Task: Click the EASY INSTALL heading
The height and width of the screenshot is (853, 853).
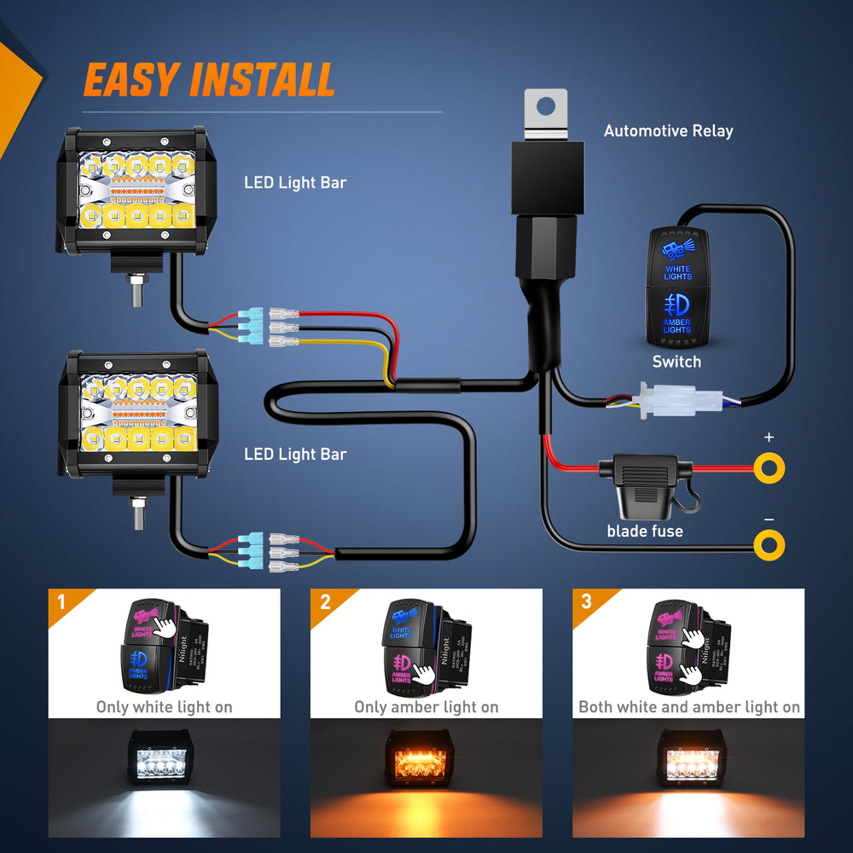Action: pos(209,80)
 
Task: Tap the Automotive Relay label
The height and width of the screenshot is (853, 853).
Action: pos(668,131)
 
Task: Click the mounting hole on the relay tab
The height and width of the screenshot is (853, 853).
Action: pos(546,107)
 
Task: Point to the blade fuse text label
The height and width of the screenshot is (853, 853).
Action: pos(645,531)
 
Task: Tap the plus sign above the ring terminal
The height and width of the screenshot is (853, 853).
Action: pos(769,438)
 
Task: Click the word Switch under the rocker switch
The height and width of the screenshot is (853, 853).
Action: pos(676,362)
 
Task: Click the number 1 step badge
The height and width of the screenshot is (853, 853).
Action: pos(61,602)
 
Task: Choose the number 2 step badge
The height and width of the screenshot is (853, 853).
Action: pos(324,602)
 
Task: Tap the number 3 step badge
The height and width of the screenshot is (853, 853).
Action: pos(585,602)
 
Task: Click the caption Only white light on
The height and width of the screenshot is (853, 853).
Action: pos(164,706)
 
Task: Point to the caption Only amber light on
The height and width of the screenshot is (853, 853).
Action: pos(426,706)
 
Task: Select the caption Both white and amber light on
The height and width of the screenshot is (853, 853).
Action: pos(689,706)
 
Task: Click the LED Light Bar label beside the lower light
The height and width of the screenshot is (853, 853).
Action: pos(295,454)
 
